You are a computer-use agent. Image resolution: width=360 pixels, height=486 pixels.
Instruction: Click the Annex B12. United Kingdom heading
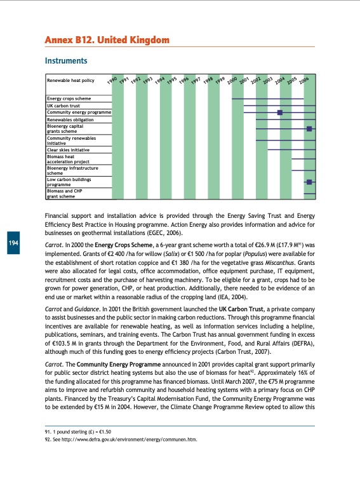pyautogui.click(x=107, y=41)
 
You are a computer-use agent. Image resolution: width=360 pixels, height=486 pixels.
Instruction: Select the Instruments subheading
pyautogui.click(x=65, y=62)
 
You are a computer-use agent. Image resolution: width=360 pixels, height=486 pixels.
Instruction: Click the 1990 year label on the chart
pyautogui.click(x=112, y=79)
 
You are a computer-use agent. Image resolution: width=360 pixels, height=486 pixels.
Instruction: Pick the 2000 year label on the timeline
pyautogui.click(x=232, y=79)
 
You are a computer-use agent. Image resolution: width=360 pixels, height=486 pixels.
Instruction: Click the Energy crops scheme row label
pyautogui.click(x=69, y=99)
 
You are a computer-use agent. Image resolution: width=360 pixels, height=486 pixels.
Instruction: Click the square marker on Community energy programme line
pyautogui.click(x=279, y=112)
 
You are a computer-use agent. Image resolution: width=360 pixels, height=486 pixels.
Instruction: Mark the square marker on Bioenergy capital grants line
pyautogui.click(x=309, y=128)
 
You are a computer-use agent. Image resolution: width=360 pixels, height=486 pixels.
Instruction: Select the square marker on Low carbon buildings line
pyautogui.click(x=309, y=182)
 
